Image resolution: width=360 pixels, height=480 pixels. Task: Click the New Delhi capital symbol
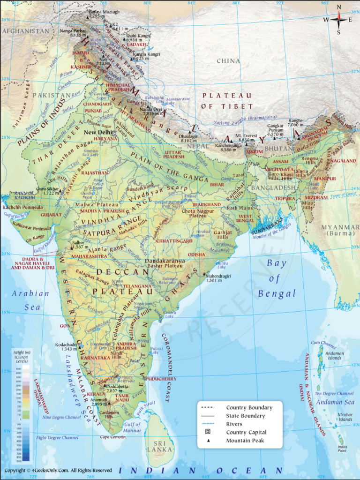click(x=114, y=133)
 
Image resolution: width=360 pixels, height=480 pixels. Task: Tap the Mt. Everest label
click(x=247, y=135)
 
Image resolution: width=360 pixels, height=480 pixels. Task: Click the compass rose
click(x=338, y=20)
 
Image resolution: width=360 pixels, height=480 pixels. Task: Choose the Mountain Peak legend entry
click(x=245, y=441)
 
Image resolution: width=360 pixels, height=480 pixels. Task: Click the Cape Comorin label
click(x=112, y=437)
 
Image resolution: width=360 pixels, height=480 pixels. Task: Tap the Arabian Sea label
click(x=30, y=300)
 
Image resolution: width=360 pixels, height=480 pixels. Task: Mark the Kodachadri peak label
click(x=66, y=346)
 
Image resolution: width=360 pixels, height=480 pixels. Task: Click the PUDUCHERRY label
click(x=161, y=379)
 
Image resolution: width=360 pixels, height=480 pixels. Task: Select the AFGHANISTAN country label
click(x=26, y=31)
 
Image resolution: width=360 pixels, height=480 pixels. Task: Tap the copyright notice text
click(x=58, y=470)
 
